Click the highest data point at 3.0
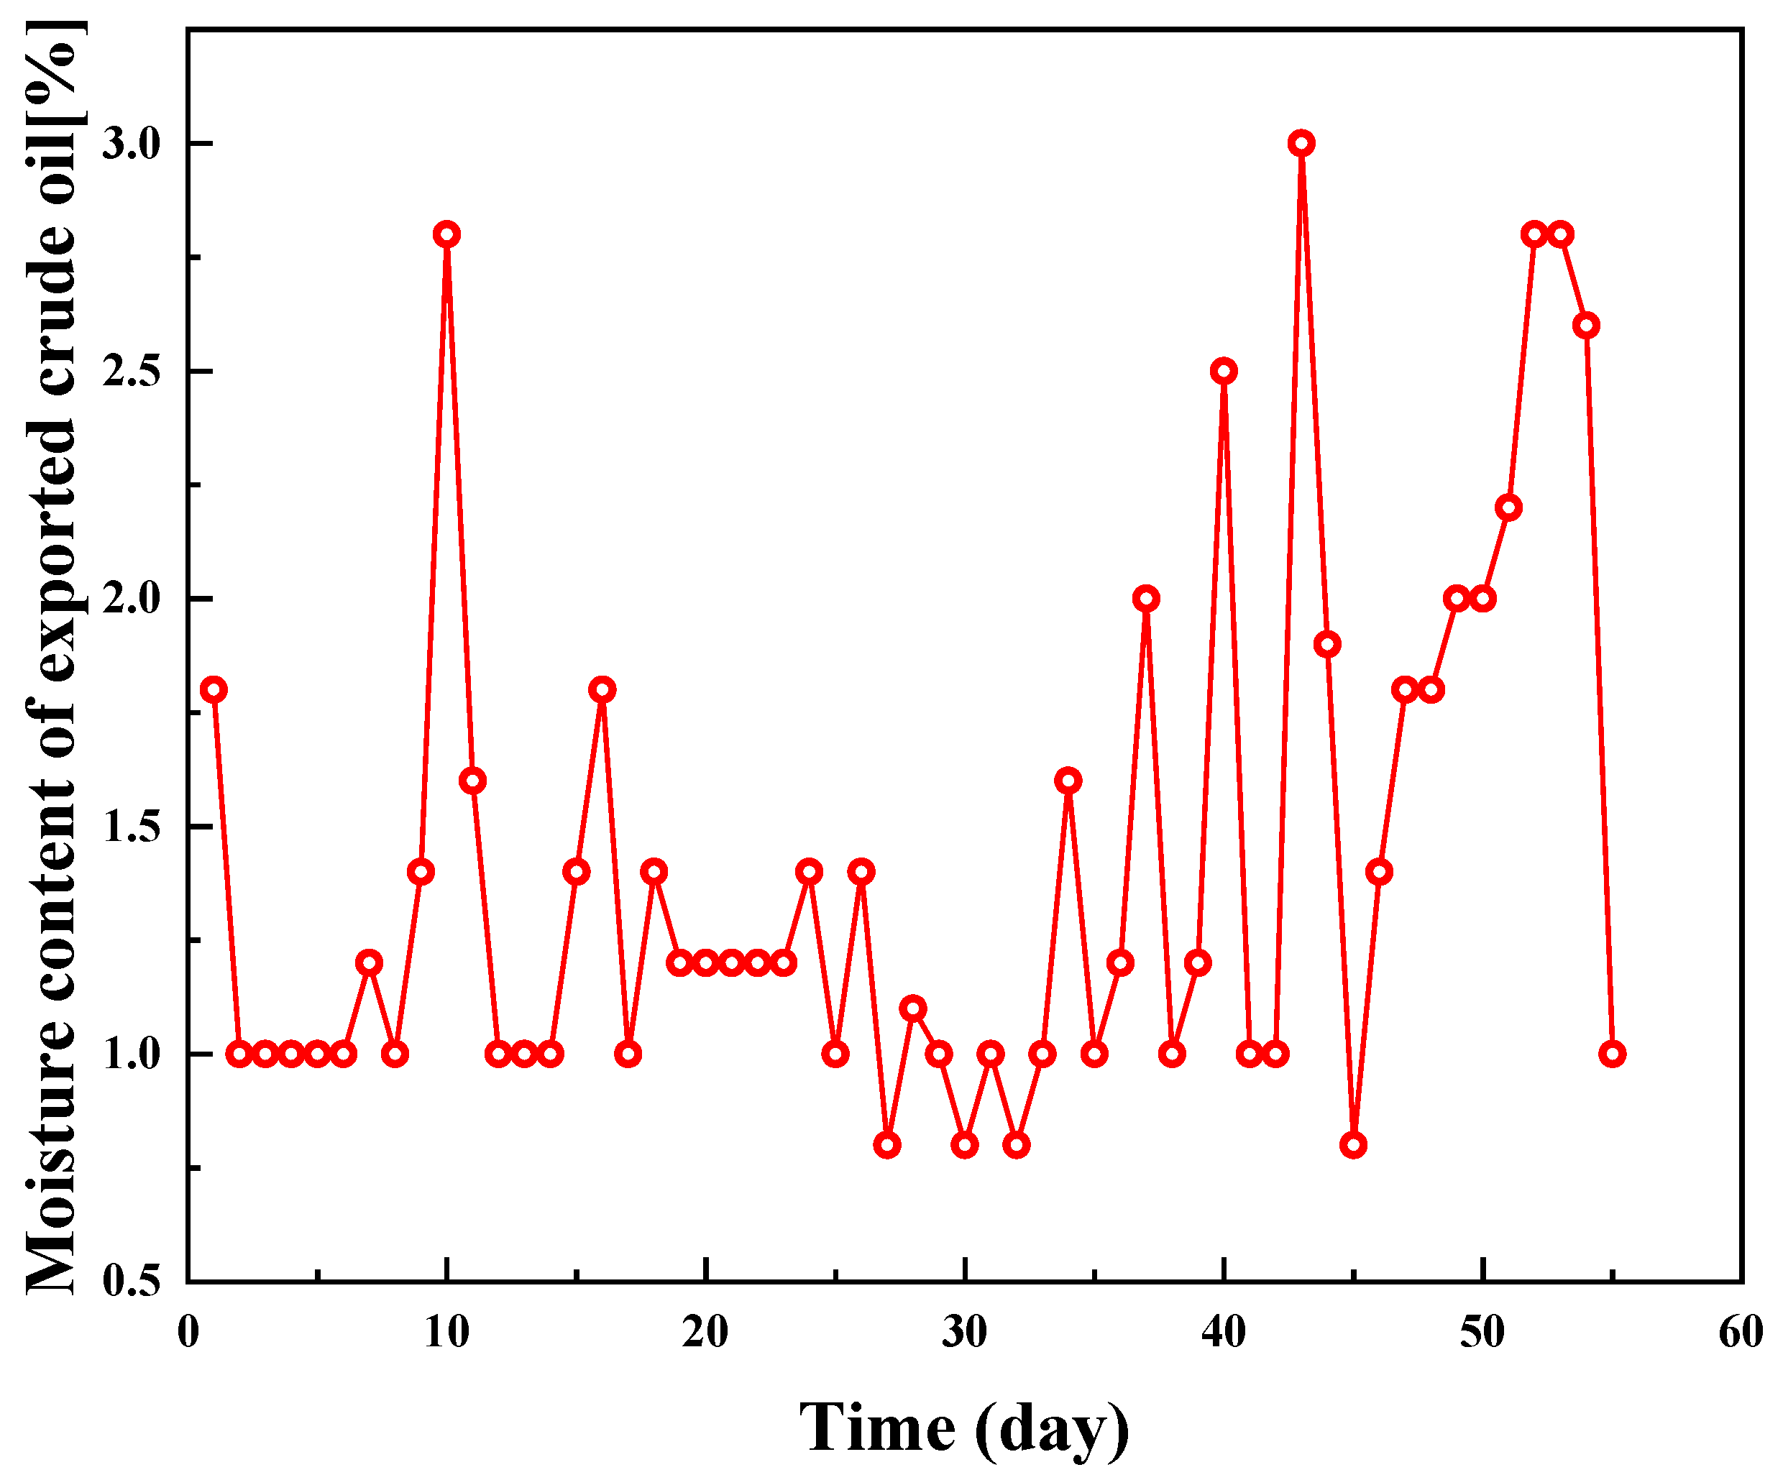(1301, 144)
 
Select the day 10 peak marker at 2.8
(446, 234)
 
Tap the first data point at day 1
(214, 689)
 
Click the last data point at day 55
(1611, 1054)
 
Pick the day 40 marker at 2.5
(1224, 371)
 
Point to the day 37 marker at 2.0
(1146, 598)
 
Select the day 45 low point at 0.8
(1353, 1145)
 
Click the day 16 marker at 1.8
(602, 689)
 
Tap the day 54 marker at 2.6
(1586, 325)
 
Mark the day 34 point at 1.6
(1068, 781)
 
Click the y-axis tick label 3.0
(132, 144)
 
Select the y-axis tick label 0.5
(132, 1282)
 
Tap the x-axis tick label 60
(1741, 1333)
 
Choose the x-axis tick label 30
(965, 1333)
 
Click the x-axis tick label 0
(188, 1333)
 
